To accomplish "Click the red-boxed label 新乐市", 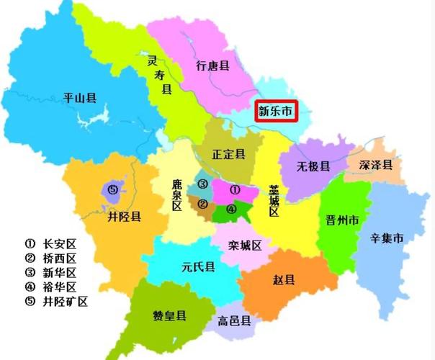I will [277, 112].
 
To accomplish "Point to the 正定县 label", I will [228, 154].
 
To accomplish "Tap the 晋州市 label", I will [342, 220].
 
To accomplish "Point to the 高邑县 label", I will [234, 321].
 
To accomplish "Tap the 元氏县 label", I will [198, 267].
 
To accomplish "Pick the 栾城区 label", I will [245, 246].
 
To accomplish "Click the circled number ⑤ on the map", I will [112, 189].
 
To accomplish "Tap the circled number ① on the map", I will [234, 189].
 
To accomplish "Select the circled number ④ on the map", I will [230, 210].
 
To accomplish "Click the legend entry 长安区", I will [60, 243].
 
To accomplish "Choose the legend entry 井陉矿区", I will [66, 302].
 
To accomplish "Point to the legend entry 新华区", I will [60, 273].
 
